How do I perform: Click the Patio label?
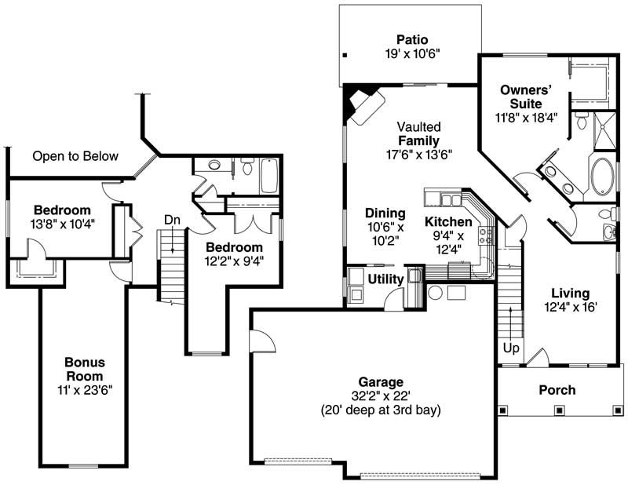click(411, 38)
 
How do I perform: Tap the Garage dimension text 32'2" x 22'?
click(381, 396)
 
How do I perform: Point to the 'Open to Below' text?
click(75, 156)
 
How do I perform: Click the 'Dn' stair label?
click(172, 221)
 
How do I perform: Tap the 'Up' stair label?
click(511, 347)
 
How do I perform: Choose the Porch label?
click(557, 389)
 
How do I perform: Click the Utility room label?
click(385, 279)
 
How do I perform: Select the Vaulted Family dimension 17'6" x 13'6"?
click(418, 155)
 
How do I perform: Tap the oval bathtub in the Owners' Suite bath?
click(602, 178)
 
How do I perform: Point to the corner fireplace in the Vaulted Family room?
click(363, 104)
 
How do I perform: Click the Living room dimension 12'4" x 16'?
click(575, 307)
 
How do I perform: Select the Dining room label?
click(385, 213)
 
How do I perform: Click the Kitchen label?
click(449, 222)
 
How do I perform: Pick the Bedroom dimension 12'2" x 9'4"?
click(234, 261)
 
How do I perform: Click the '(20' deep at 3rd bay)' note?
click(381, 410)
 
